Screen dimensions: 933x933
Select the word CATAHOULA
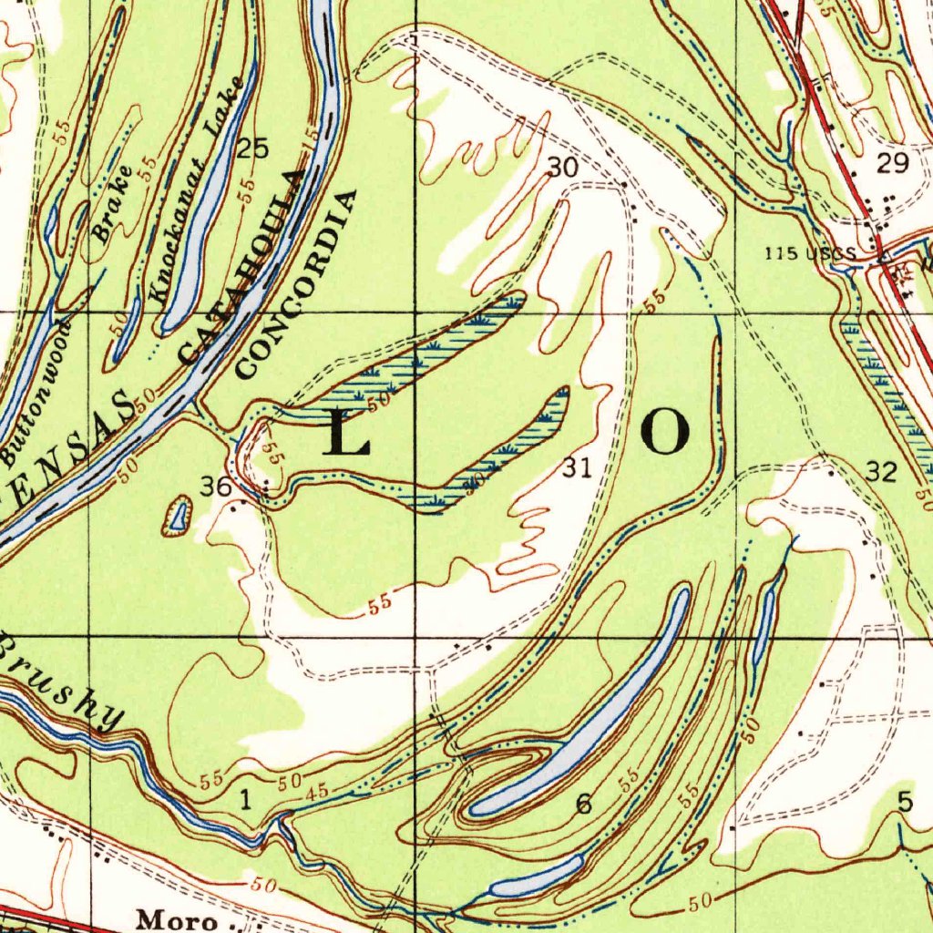(241, 268)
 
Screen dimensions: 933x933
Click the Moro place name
(177, 919)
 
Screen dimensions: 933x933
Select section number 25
(252, 149)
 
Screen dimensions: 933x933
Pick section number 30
(563, 167)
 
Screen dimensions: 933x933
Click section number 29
(892, 164)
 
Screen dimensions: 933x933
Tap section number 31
(576, 468)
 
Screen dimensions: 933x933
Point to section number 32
(881, 471)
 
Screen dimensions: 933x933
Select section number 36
(216, 487)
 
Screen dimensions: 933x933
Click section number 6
(583, 804)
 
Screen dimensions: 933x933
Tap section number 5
(904, 802)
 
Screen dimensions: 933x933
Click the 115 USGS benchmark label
(810, 253)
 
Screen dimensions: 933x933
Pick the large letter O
(664, 431)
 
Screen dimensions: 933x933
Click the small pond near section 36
(178, 517)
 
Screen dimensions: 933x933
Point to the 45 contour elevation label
(317, 792)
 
